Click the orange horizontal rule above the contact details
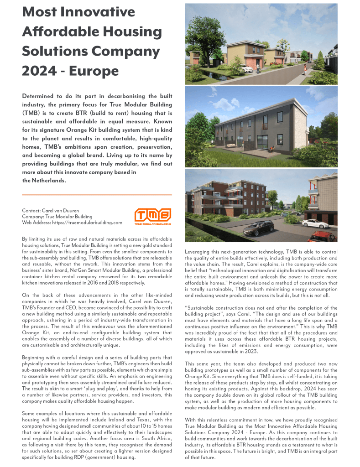[x=97, y=195]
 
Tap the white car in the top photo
[x=246, y=70]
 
